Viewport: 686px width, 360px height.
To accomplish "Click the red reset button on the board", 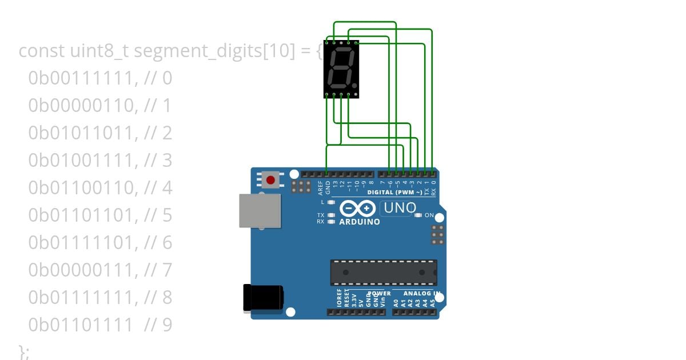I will point(270,180).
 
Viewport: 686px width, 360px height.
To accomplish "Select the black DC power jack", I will point(263,298).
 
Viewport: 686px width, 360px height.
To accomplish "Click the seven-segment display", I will point(341,69).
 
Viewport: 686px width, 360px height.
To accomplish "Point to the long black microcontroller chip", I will point(383,272).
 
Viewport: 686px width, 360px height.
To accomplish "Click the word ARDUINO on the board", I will point(360,222).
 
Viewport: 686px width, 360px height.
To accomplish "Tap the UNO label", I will point(400,209).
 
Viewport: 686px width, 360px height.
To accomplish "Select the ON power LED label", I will point(429,215).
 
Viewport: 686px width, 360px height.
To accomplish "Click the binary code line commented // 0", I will point(100,78).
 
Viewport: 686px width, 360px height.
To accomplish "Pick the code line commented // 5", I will point(100,215).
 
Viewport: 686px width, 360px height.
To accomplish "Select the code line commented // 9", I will point(100,325).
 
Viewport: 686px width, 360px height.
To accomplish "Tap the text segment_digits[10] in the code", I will point(214,51).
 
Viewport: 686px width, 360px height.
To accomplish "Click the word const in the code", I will point(42,51).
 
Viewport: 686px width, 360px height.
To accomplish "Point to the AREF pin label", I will point(321,186).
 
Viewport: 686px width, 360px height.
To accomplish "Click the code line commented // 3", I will point(100,161).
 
